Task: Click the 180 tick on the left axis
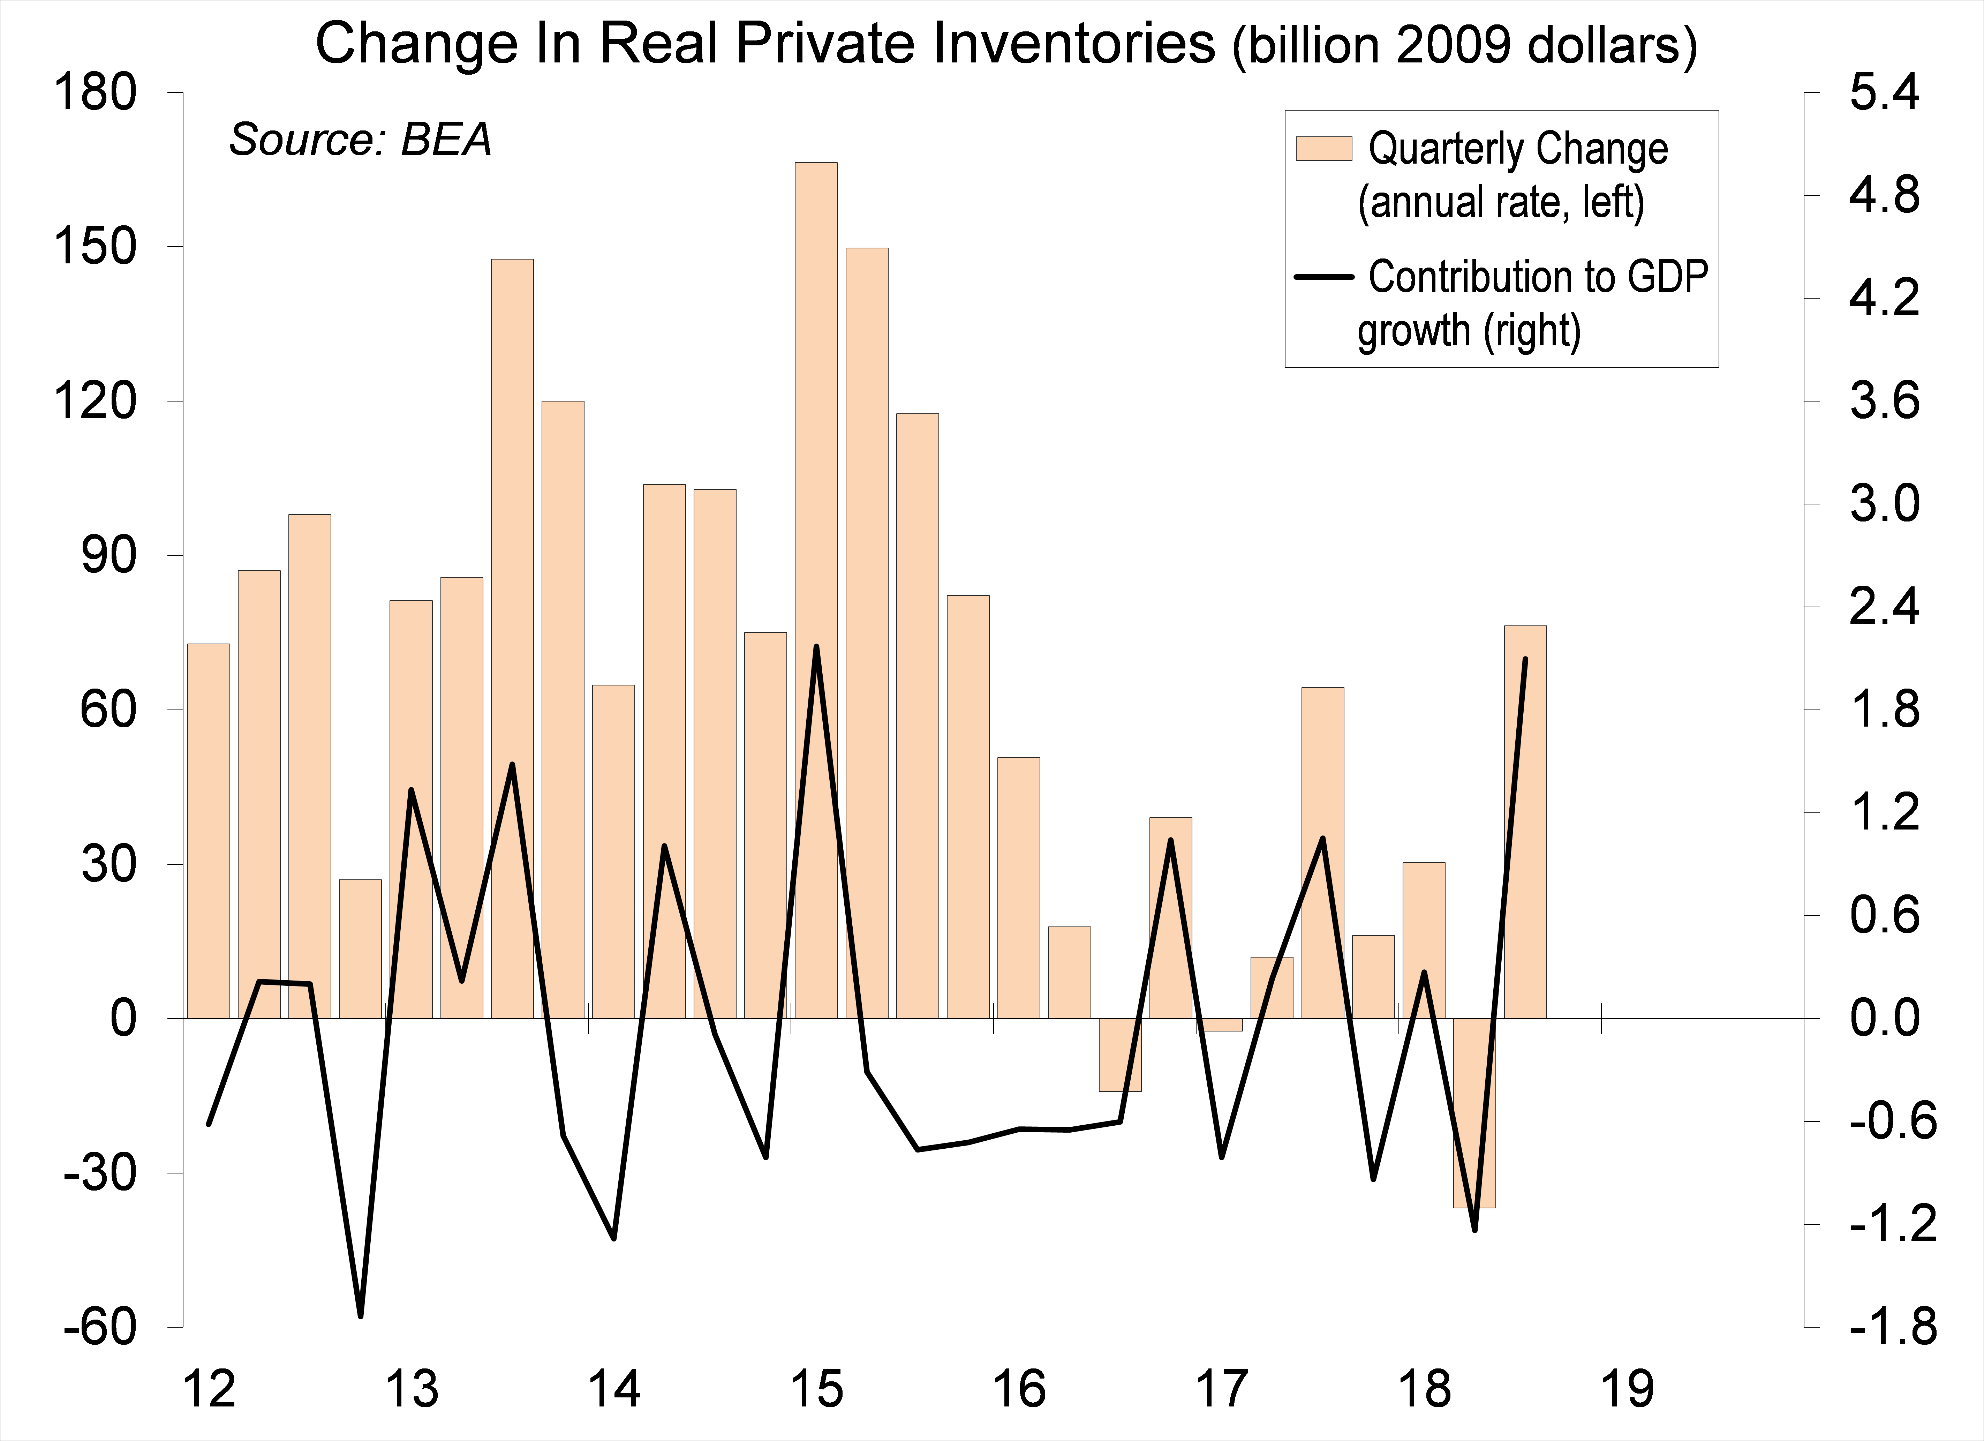96,93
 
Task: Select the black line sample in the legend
1323,277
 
